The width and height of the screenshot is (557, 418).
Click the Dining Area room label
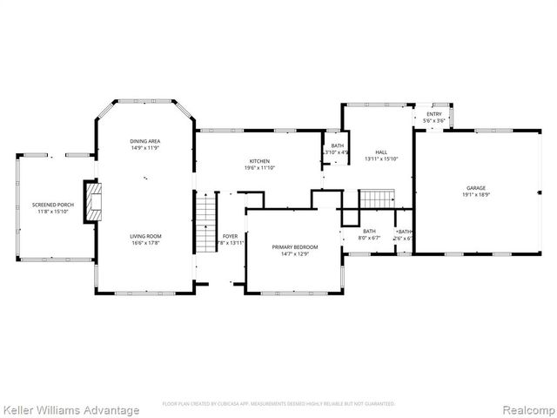[x=144, y=141]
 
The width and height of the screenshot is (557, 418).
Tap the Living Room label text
[x=145, y=236]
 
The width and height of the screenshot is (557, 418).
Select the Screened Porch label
[x=53, y=205]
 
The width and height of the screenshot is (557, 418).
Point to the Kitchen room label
[x=259, y=161]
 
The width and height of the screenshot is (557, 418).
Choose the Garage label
[x=475, y=188]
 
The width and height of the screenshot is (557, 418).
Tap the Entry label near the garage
[x=433, y=114]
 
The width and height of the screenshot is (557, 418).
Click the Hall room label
[x=380, y=152]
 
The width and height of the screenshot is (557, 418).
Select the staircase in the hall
[x=378, y=199]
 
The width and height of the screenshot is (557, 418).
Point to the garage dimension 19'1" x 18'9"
[x=475, y=195]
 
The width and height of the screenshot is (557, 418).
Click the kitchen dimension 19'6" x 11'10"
[x=259, y=168]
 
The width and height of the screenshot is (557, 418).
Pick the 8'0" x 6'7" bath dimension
[x=369, y=238]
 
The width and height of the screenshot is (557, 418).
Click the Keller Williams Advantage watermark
[x=70, y=409]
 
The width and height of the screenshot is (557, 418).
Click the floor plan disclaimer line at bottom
[x=278, y=404]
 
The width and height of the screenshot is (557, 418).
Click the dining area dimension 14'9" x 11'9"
[x=144, y=148]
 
